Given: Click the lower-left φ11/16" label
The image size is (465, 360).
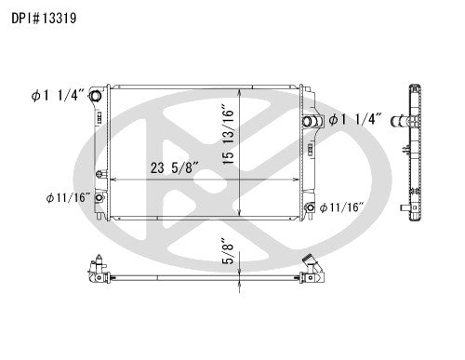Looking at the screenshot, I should (x=67, y=198).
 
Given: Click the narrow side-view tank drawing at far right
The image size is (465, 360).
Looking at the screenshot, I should (x=411, y=153).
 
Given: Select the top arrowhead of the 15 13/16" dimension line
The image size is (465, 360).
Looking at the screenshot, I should (x=241, y=92).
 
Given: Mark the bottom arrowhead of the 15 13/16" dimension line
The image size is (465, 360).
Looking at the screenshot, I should (x=241, y=216).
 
